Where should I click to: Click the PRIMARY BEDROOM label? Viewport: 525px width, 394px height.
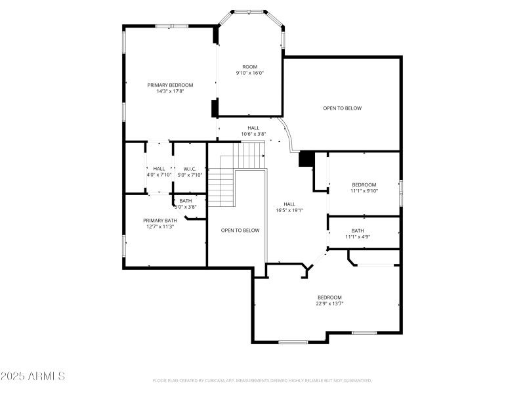click(x=170, y=85)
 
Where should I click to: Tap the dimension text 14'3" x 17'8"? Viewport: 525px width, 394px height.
click(x=170, y=92)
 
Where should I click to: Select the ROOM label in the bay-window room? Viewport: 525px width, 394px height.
click(x=249, y=66)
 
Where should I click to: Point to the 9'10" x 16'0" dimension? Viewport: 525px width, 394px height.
click(x=249, y=74)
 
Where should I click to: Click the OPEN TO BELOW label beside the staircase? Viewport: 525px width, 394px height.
click(x=240, y=230)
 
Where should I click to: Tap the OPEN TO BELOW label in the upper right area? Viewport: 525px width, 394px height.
click(x=342, y=108)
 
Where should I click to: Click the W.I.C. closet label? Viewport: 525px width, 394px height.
click(x=190, y=168)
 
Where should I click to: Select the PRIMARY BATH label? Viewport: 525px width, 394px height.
click(x=160, y=220)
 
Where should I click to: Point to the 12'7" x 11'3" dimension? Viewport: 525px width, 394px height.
click(x=160, y=227)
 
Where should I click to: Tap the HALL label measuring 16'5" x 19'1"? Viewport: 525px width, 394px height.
click(x=289, y=204)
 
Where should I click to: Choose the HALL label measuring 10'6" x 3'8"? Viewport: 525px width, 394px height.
click(x=253, y=127)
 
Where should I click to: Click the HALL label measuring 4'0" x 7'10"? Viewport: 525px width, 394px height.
click(x=159, y=168)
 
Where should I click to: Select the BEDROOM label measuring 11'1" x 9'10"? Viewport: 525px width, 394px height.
click(x=364, y=185)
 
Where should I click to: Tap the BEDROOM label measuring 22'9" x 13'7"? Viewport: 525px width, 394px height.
click(x=329, y=297)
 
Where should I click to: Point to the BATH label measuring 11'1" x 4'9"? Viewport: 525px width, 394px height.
click(x=358, y=230)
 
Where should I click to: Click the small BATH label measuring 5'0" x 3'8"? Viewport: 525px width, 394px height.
click(x=186, y=200)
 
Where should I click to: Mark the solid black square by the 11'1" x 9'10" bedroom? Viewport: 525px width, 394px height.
click(x=306, y=159)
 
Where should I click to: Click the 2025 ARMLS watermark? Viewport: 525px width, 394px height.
click(x=33, y=376)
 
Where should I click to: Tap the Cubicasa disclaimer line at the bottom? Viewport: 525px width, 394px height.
click(x=262, y=380)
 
